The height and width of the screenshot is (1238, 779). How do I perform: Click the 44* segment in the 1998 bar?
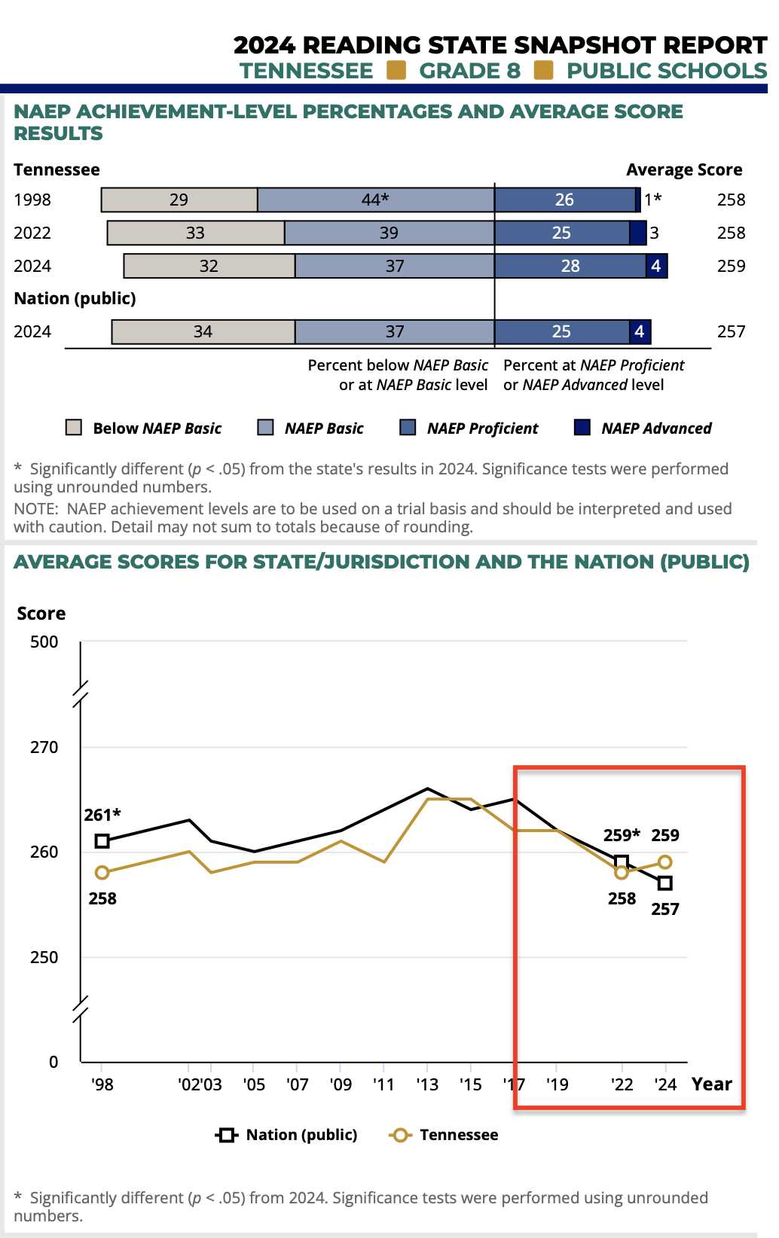pyautogui.click(x=375, y=200)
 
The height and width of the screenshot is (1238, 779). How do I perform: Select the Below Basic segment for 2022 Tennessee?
pyautogui.click(x=196, y=233)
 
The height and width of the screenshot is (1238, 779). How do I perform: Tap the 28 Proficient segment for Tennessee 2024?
pyautogui.click(x=570, y=266)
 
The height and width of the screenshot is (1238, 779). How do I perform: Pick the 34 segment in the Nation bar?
pyautogui.click(x=203, y=331)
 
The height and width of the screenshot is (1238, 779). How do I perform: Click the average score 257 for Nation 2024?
pyautogui.click(x=731, y=331)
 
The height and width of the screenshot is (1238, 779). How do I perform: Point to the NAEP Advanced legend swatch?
pyautogui.click(x=582, y=428)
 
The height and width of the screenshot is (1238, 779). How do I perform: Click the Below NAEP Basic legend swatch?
pyautogui.click(x=74, y=428)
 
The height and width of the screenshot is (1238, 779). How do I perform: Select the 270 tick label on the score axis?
pyautogui.click(x=44, y=747)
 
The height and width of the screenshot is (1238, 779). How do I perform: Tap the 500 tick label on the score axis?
pyautogui.click(x=44, y=642)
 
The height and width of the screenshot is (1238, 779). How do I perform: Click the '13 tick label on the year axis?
pyautogui.click(x=427, y=1084)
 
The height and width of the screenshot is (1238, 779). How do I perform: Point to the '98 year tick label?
pyautogui.click(x=102, y=1084)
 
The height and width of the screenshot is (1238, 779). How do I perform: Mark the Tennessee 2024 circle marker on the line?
pyautogui.click(x=664, y=862)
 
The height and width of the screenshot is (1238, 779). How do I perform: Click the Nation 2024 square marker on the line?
pyautogui.click(x=664, y=883)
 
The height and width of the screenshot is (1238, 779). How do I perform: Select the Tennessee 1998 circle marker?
pyautogui.click(x=102, y=873)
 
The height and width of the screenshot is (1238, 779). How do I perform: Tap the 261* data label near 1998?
pyautogui.click(x=102, y=815)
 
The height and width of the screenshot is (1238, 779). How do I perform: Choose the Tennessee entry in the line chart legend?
pyautogui.click(x=458, y=1135)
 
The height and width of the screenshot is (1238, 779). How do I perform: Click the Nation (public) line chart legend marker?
pyautogui.click(x=226, y=1135)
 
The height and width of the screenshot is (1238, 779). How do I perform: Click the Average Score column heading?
pyautogui.click(x=684, y=170)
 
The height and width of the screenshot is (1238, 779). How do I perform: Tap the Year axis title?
pyautogui.click(x=712, y=1084)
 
